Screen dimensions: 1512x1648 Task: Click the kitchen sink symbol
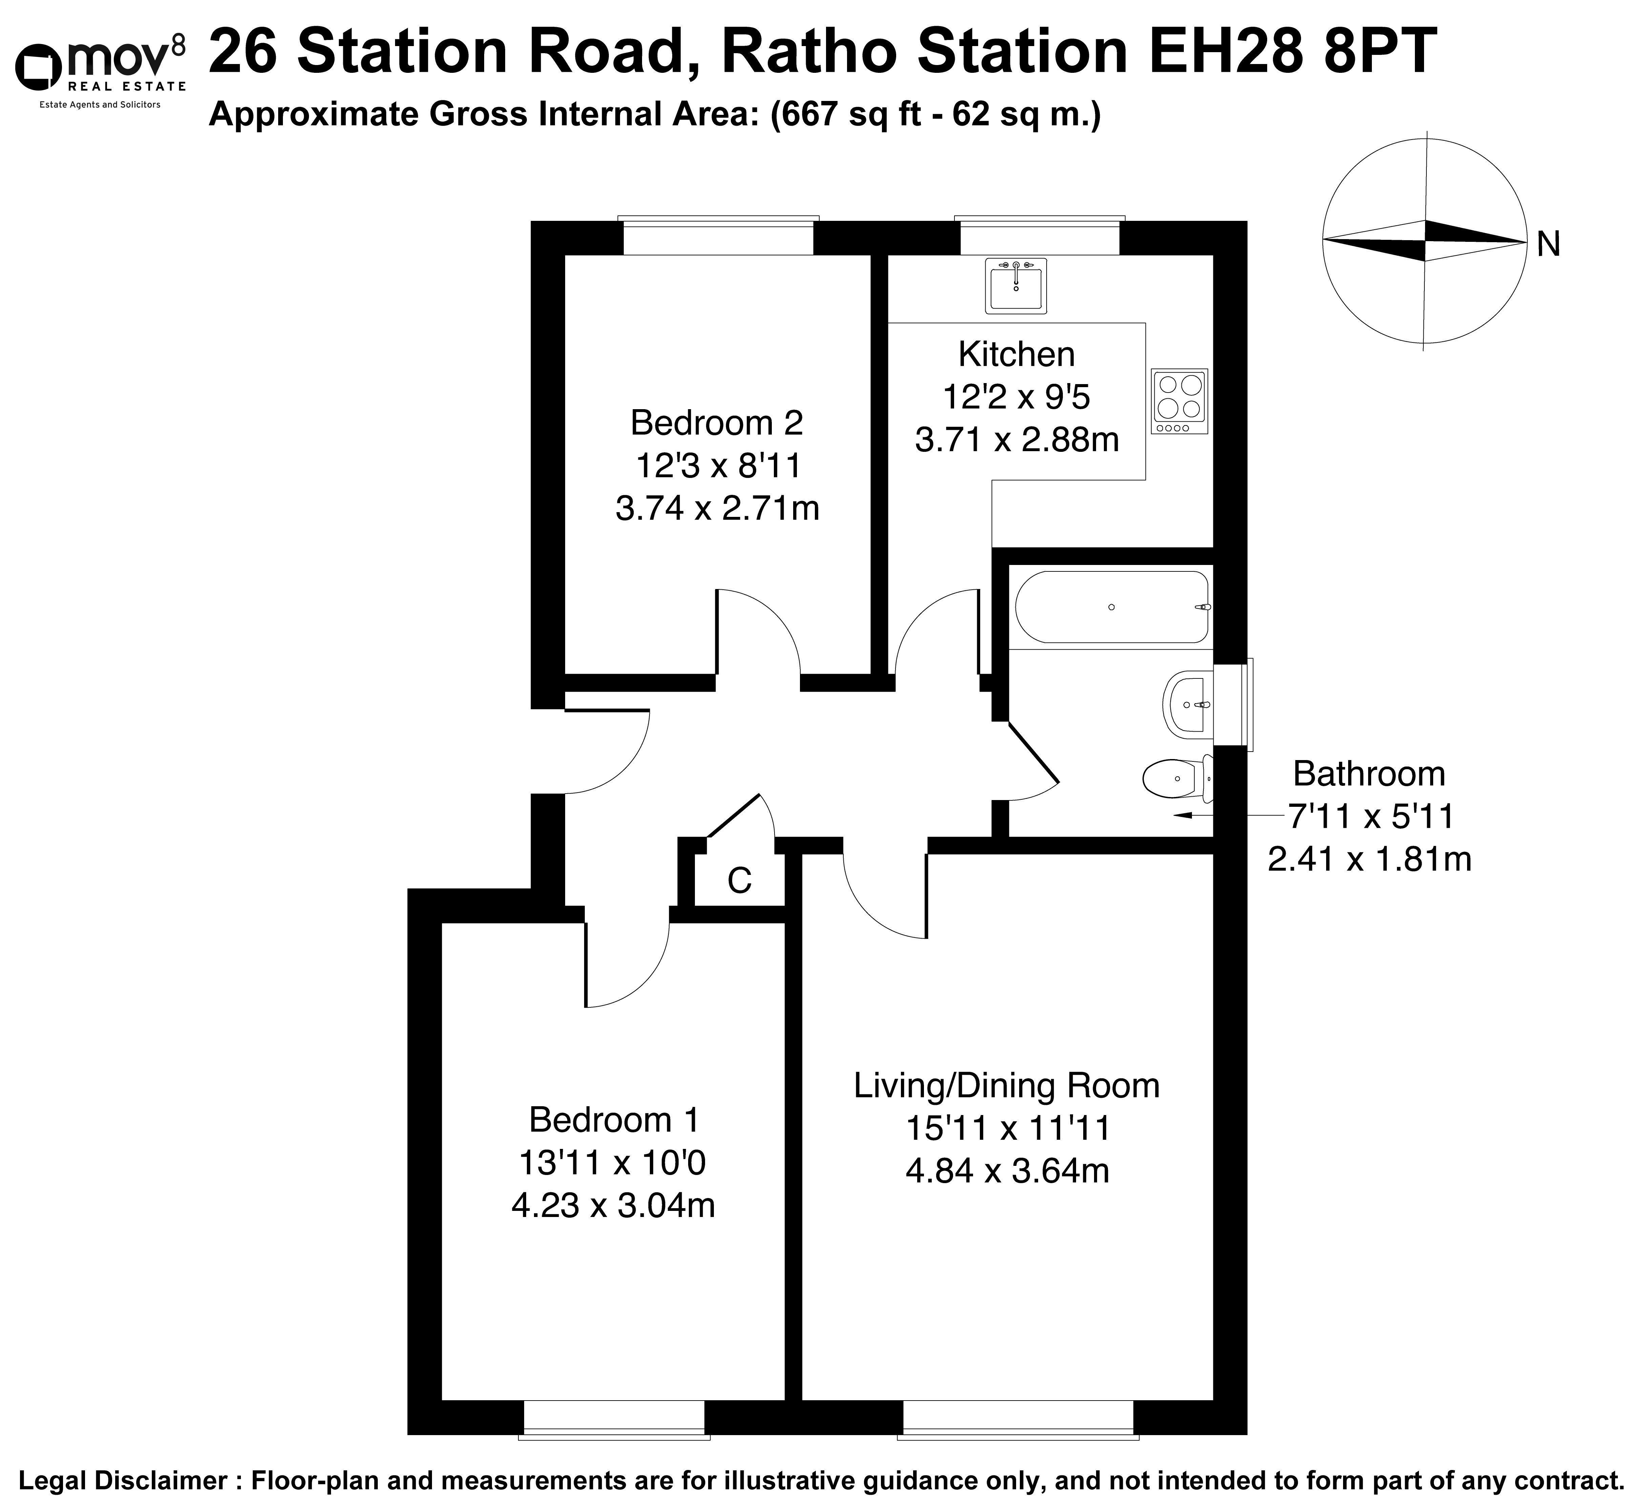[1015, 286]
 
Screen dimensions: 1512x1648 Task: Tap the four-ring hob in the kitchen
[1179, 401]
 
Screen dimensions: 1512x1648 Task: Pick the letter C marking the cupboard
[740, 880]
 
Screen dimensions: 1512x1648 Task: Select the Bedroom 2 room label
[717, 423]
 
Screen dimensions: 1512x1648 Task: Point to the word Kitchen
[1016, 354]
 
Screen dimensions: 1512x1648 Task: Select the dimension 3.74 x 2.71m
[717, 509]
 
